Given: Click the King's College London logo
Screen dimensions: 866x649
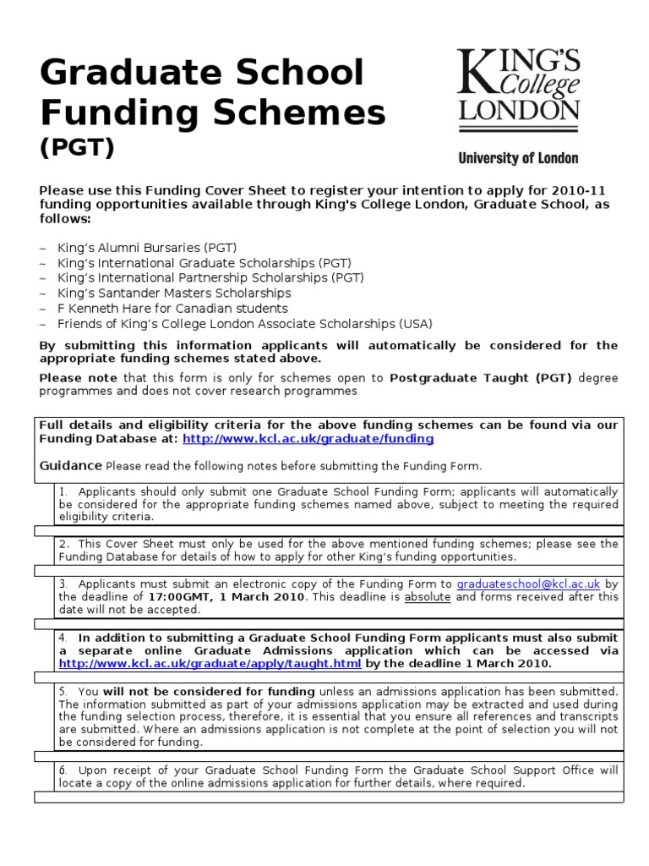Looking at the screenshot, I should click(518, 90).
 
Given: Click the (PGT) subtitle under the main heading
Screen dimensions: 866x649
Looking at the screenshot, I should click(77, 147).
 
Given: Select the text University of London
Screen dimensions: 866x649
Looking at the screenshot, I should click(518, 158).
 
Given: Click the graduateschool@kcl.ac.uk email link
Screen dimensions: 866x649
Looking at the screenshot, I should click(528, 584).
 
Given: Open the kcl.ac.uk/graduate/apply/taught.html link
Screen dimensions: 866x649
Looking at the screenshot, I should click(210, 664).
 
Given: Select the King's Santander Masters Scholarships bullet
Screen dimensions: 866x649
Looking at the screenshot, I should click(173, 293).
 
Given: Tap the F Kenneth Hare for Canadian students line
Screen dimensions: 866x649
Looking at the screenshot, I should click(172, 308).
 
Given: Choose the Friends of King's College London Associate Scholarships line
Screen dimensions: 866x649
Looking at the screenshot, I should click(244, 323).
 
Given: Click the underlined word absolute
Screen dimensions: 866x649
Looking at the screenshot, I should click(428, 596).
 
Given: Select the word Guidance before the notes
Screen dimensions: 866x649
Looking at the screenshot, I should click(70, 466).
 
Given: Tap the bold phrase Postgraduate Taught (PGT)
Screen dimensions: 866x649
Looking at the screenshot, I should click(480, 378).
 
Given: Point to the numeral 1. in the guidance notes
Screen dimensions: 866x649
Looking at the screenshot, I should click(63, 491).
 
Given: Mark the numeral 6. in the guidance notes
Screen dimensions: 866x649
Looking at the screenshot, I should click(63, 770).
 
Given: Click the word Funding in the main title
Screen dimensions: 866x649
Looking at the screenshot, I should click(113, 112).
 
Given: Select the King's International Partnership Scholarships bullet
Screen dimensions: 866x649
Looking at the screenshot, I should click(210, 277).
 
